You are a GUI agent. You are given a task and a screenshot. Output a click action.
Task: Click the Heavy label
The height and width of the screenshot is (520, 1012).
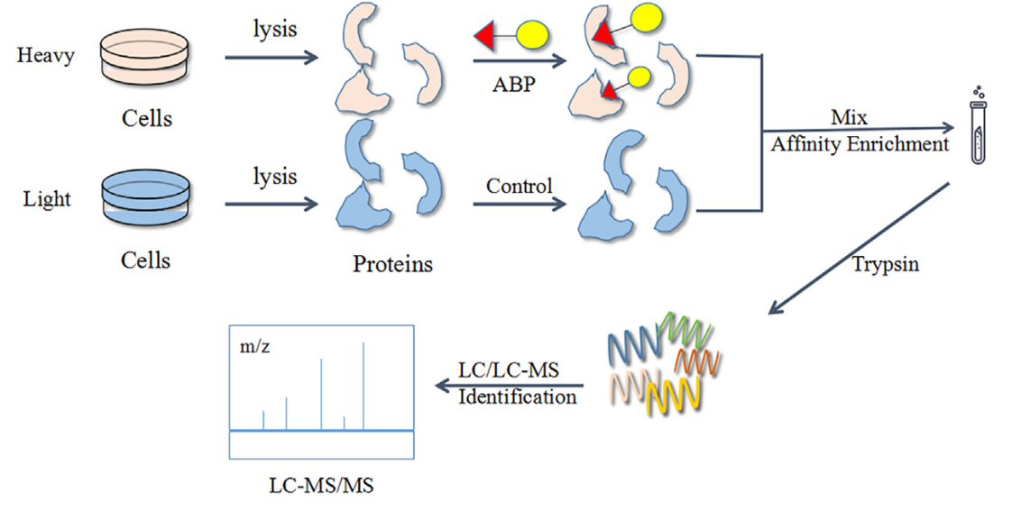(44, 56)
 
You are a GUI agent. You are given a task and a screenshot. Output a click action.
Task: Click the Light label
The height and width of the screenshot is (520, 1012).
(45, 198)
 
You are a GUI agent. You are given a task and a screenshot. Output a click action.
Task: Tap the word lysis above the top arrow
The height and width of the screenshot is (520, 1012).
(276, 29)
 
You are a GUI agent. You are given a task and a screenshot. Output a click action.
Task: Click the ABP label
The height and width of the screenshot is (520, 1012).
(513, 87)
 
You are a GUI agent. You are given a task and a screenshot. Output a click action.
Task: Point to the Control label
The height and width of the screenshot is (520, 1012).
(519, 187)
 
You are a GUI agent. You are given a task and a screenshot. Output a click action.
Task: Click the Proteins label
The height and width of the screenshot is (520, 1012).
(392, 265)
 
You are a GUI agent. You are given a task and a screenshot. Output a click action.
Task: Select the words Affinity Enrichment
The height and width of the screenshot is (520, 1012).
(860, 144)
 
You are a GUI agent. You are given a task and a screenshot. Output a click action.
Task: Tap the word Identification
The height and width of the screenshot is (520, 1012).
(517, 397)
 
